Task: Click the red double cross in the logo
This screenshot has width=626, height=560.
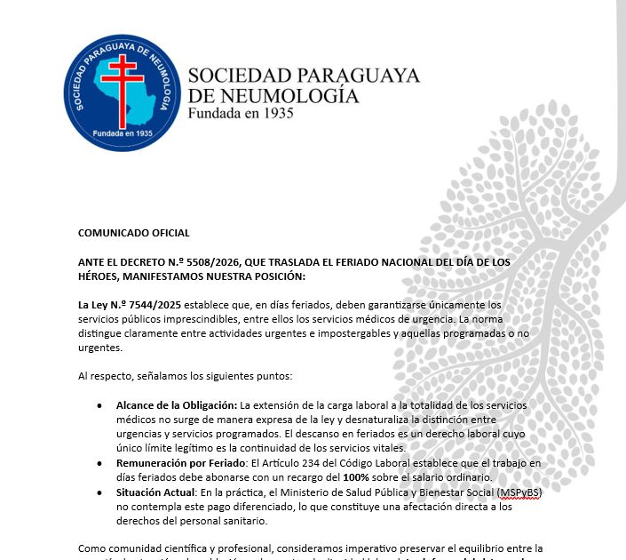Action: coord(122,80)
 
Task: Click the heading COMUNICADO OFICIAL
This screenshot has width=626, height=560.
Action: coord(134,233)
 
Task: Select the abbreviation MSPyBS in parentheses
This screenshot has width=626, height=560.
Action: coord(519,492)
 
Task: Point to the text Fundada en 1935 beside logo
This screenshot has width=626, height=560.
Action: coord(240,114)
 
